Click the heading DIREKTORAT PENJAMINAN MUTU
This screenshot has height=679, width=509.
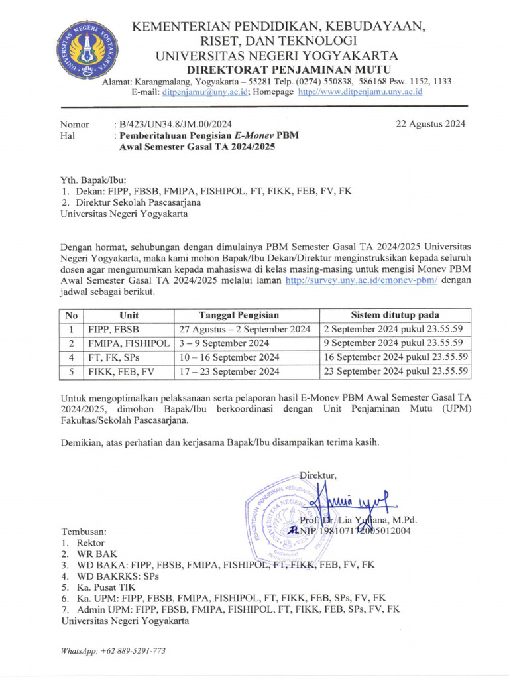pyautogui.click(x=288, y=70)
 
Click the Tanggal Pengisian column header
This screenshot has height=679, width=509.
pyautogui.click(x=239, y=315)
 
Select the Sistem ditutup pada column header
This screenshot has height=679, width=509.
pyautogui.click(x=395, y=315)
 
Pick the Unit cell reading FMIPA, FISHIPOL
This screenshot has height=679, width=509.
pyautogui.click(x=129, y=343)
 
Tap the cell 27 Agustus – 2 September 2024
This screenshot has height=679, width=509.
pyautogui.click(x=245, y=329)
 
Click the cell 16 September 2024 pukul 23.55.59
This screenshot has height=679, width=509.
pyautogui.click(x=396, y=357)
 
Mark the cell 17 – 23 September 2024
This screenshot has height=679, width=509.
pyautogui.click(x=230, y=371)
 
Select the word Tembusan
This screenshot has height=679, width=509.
pyautogui.click(x=84, y=532)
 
